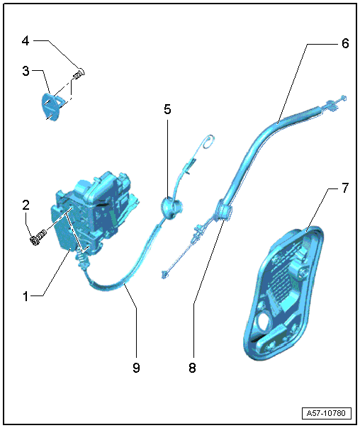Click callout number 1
[x=26, y=296]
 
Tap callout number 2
[x=26, y=205]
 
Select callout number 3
[x=26, y=71]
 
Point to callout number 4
[x=26, y=41]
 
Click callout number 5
[x=167, y=109]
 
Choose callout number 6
[x=345, y=43]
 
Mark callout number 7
[x=345, y=188]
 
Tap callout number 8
[x=192, y=368]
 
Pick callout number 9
[x=136, y=368]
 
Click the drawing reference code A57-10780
[x=326, y=413]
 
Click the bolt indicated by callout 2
[x=38, y=237]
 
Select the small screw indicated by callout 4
[x=79, y=74]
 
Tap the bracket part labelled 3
[x=52, y=106]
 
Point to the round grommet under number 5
[x=171, y=208]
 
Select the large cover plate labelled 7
[x=284, y=293]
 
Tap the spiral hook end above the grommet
[x=209, y=142]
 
